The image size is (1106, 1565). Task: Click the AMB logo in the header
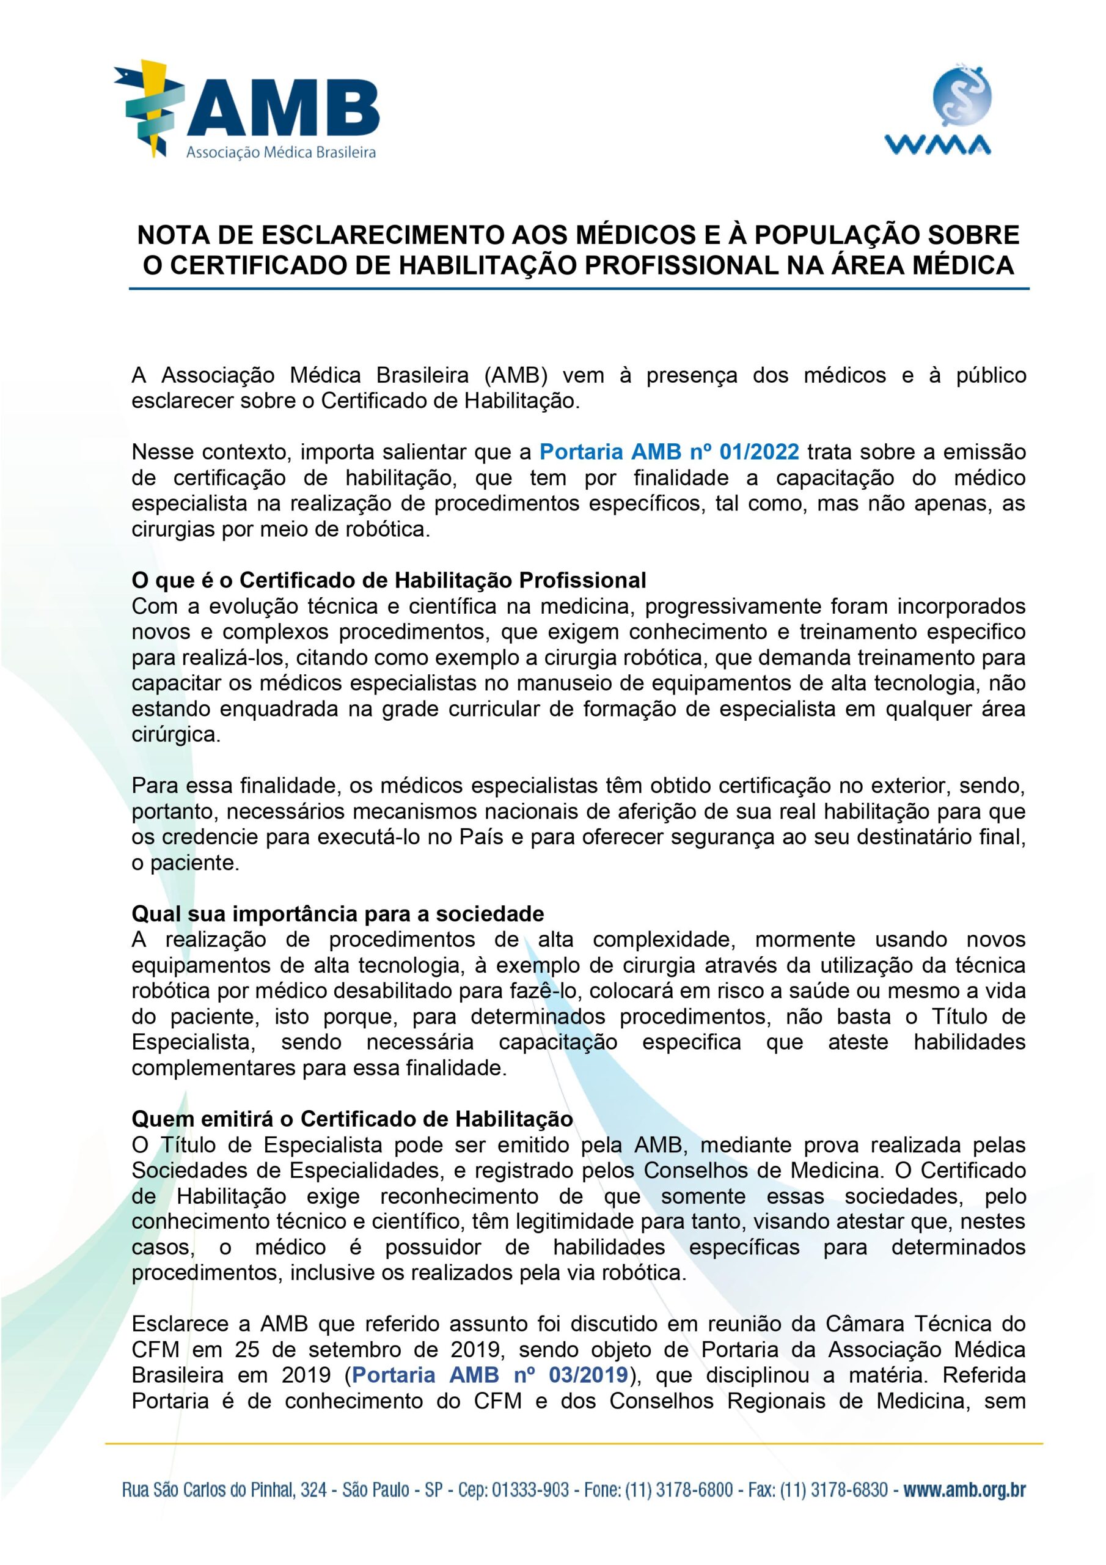pos(247,109)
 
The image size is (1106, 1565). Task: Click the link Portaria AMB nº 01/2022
pos(668,452)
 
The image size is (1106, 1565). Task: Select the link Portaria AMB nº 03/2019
pos(490,1375)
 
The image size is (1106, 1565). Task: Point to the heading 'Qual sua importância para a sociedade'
pos(338,913)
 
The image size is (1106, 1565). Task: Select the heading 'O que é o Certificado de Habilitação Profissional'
pos(389,580)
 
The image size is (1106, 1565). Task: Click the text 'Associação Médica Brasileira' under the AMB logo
pos(282,153)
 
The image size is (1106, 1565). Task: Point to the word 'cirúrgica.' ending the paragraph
pos(177,735)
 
